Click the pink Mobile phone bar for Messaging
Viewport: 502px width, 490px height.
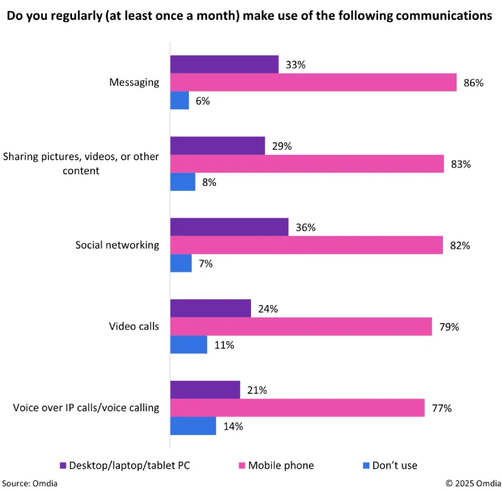click(313, 83)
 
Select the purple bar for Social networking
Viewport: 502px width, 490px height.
click(229, 227)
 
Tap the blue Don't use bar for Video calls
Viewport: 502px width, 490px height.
click(188, 345)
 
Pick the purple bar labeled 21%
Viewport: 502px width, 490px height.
click(205, 390)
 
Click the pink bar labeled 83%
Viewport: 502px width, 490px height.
click(307, 164)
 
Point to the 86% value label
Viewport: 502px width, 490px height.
click(474, 83)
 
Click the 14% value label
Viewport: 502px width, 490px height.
click(233, 426)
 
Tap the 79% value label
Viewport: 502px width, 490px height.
click(449, 326)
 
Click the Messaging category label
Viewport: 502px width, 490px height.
click(134, 82)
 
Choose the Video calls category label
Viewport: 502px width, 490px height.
click(134, 326)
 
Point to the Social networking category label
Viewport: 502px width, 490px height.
click(117, 244)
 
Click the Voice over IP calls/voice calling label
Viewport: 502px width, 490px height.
click(86, 407)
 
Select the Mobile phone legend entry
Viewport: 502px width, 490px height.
click(281, 465)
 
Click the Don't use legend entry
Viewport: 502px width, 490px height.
click(395, 465)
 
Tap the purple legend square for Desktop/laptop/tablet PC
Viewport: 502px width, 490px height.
click(63, 465)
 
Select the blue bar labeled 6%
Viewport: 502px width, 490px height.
click(180, 100)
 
